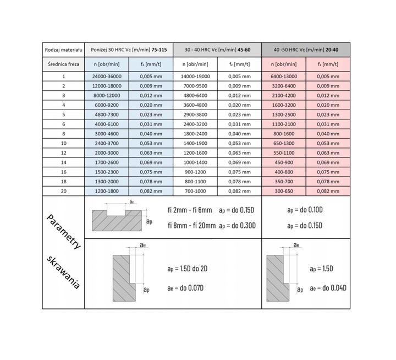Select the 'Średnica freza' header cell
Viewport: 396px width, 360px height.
click(63, 64)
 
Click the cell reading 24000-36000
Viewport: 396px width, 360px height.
click(107, 77)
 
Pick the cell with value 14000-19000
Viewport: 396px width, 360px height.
click(195, 77)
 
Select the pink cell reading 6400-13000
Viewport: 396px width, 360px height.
click(284, 77)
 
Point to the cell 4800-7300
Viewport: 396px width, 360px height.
click(107, 114)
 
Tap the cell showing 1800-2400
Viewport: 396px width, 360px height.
click(195, 133)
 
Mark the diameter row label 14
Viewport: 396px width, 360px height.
click(63, 162)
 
